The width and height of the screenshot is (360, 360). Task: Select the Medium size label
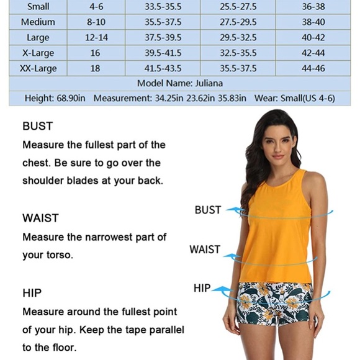tap(38, 22)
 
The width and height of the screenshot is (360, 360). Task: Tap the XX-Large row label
tap(38, 68)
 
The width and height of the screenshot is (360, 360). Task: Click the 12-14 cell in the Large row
tap(96, 37)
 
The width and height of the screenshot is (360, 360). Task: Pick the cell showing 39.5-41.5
tap(163, 53)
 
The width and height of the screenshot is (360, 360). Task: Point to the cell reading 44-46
tap(313, 68)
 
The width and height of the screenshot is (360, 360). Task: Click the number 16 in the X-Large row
tap(96, 53)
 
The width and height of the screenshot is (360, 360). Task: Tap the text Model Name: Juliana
tap(180, 83)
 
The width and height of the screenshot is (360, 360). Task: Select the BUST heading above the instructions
tap(38, 126)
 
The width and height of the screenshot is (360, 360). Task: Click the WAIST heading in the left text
tap(40, 218)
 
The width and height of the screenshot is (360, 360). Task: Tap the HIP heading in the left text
tap(32, 292)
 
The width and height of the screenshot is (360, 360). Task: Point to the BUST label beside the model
tap(207, 210)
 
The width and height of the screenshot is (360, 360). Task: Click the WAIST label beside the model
tap(205, 250)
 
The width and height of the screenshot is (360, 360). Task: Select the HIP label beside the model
tap(202, 289)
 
